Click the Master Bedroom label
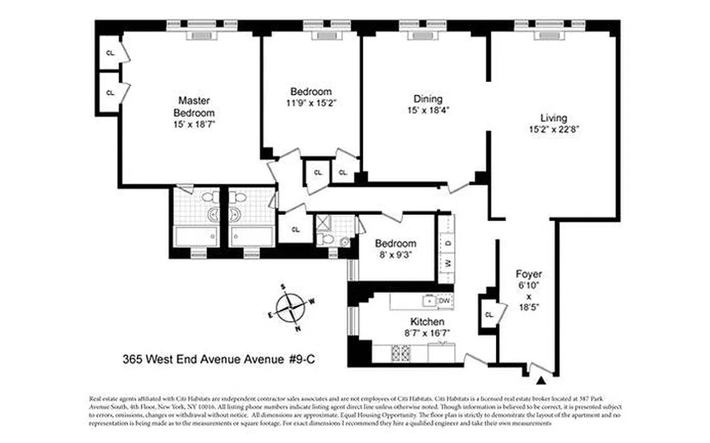coord(194,106)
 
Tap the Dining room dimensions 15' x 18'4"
coord(428,110)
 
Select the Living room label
coord(554,118)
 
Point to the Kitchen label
coord(426,322)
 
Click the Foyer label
coord(528,274)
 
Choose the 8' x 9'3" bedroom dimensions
coord(395,255)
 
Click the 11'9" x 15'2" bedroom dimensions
coord(311,102)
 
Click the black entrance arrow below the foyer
coord(542,380)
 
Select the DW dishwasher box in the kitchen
coord(445,301)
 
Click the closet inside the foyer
coord(488,315)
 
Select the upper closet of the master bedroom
coord(110,53)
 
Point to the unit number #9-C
coord(303,359)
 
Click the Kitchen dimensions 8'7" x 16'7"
coord(426,333)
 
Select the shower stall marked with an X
coord(323,223)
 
